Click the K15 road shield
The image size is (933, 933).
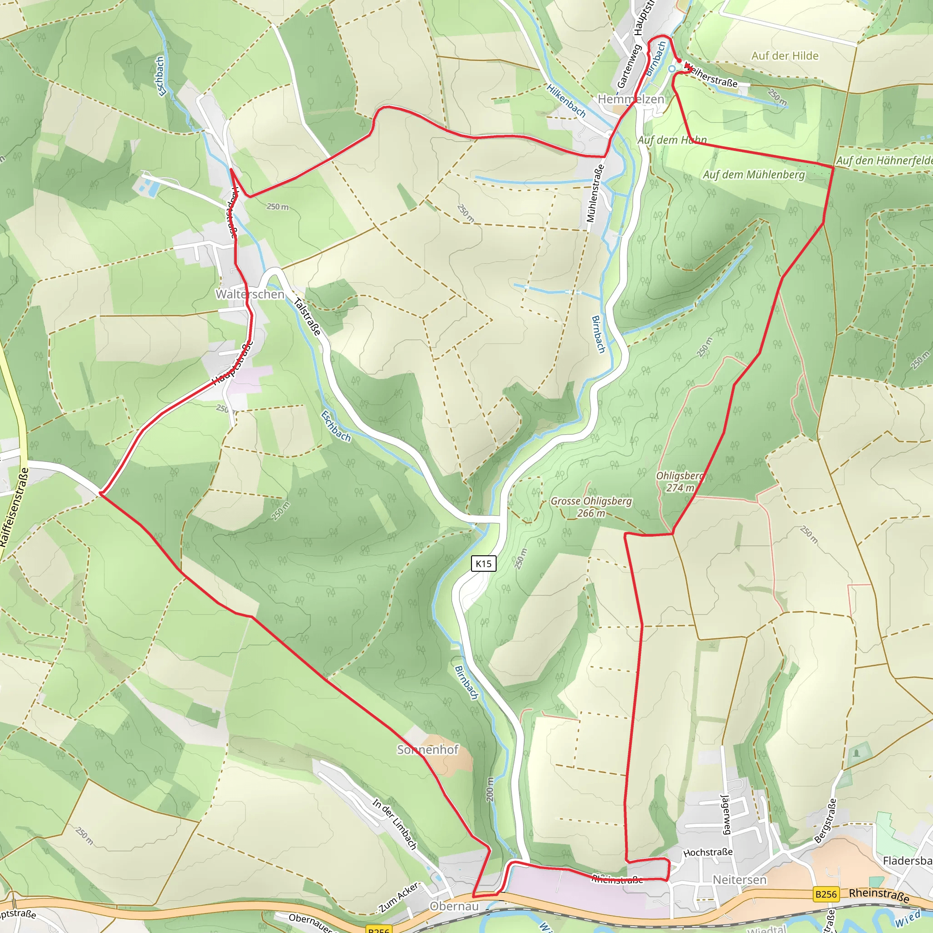point(483,564)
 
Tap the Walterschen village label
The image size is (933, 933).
point(250,294)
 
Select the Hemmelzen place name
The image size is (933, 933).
point(631,99)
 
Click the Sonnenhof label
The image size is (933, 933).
point(427,749)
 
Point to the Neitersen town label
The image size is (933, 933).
point(739,879)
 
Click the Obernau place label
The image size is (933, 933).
point(454,906)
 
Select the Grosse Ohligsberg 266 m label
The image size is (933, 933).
point(591,507)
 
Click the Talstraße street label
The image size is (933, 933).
point(307,317)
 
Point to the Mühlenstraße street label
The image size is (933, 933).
point(595,194)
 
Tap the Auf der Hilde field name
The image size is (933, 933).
point(785,56)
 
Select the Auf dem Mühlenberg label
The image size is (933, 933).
point(754,175)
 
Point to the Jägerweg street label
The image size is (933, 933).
point(726,814)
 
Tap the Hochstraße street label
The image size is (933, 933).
point(708,852)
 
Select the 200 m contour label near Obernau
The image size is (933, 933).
point(490,789)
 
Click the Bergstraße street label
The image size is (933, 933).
point(825,821)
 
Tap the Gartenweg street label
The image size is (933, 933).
point(628,67)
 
